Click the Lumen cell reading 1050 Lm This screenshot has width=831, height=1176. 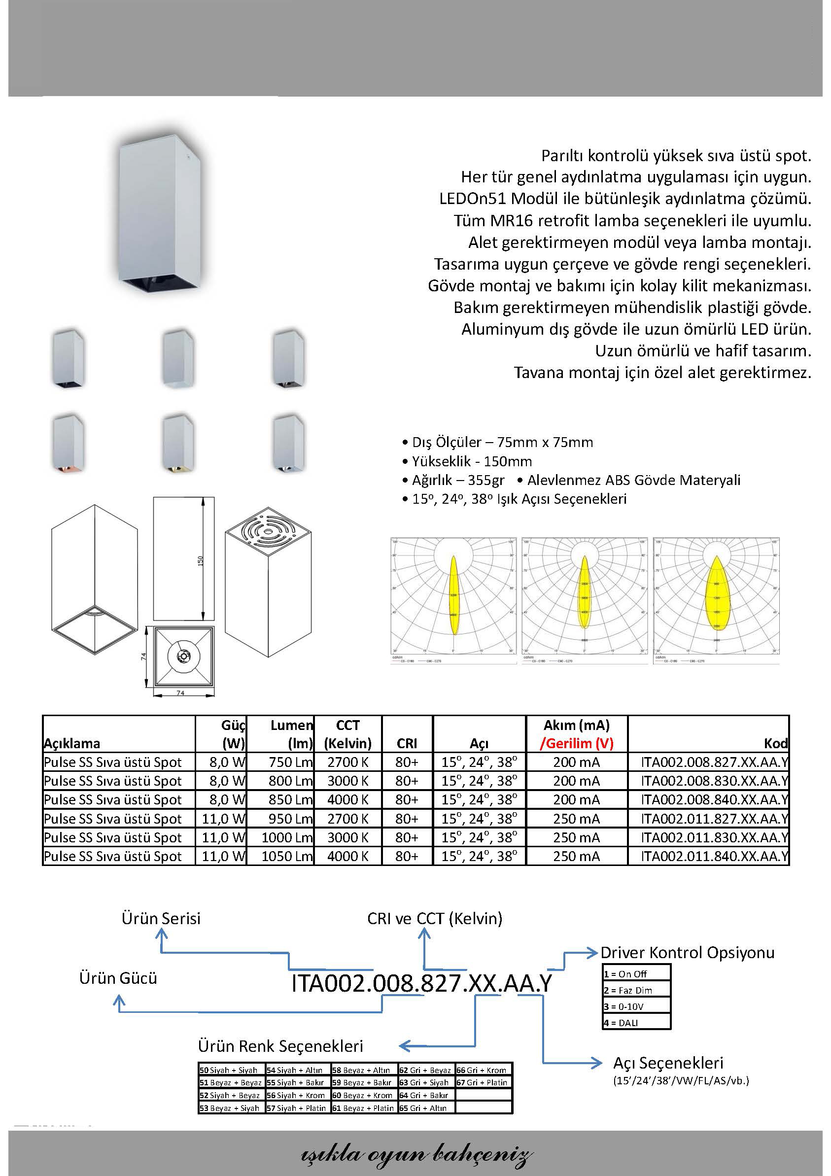pos(286,856)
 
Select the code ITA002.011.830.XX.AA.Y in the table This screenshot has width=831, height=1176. pos(714,837)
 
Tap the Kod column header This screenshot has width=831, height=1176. pos(775,743)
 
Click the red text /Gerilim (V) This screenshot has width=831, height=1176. pos(576,743)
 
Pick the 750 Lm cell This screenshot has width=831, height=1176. pos(290,762)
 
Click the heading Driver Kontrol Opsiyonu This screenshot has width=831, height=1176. pos(687,953)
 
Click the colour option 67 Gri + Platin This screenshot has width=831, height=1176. pos(482,1082)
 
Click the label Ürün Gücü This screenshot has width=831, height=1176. pos(118,978)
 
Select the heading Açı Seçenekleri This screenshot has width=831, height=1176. pos(668,1063)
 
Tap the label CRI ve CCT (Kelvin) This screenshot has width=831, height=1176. pos(434,918)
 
